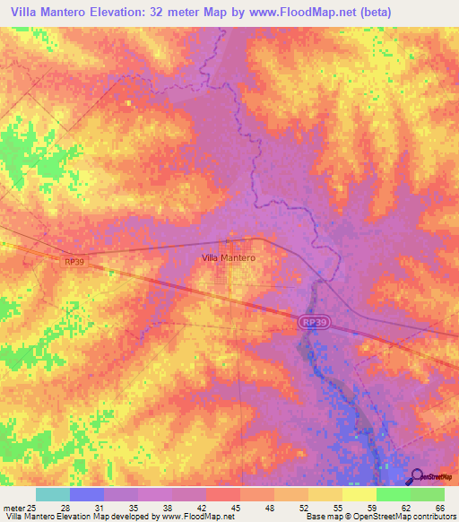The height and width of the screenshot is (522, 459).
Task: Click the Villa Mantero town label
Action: click(x=229, y=257)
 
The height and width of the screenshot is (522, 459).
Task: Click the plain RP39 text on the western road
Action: click(x=75, y=262)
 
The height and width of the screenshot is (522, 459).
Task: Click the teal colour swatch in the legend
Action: click(x=53, y=494)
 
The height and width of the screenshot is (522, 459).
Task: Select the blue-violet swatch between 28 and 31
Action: click(x=87, y=494)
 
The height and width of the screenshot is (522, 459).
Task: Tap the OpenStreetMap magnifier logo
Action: click(x=417, y=478)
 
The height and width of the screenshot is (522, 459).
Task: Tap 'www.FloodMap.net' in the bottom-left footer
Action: click(x=190, y=517)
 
